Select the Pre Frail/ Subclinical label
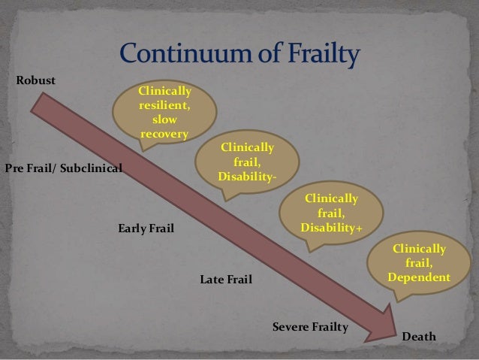[x=63, y=167]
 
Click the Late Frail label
[x=226, y=280]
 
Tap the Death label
[x=419, y=337]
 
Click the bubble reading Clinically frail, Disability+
[x=330, y=213]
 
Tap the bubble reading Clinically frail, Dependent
[x=420, y=264]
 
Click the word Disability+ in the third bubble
[x=330, y=227]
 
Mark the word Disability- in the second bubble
[x=247, y=176]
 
